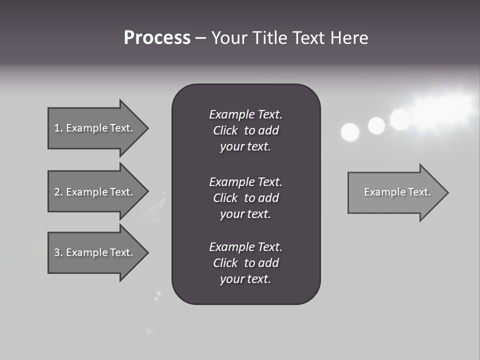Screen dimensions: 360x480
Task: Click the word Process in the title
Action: pyautogui.click(x=157, y=38)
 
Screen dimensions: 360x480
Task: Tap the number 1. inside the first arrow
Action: pyautogui.click(x=58, y=128)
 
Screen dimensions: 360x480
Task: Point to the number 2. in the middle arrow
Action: pyautogui.click(x=58, y=192)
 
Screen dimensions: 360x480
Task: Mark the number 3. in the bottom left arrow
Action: pyautogui.click(x=58, y=252)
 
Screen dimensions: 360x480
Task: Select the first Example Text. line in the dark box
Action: pyautogui.click(x=245, y=114)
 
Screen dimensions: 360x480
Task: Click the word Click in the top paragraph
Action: pyautogui.click(x=225, y=130)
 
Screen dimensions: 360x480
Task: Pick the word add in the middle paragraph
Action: pyautogui.click(x=269, y=198)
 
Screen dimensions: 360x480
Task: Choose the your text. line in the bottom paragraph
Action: pyautogui.click(x=245, y=279)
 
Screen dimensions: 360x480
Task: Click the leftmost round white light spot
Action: pyautogui.click(x=350, y=132)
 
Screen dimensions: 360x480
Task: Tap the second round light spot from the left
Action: pyautogui.click(x=376, y=125)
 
